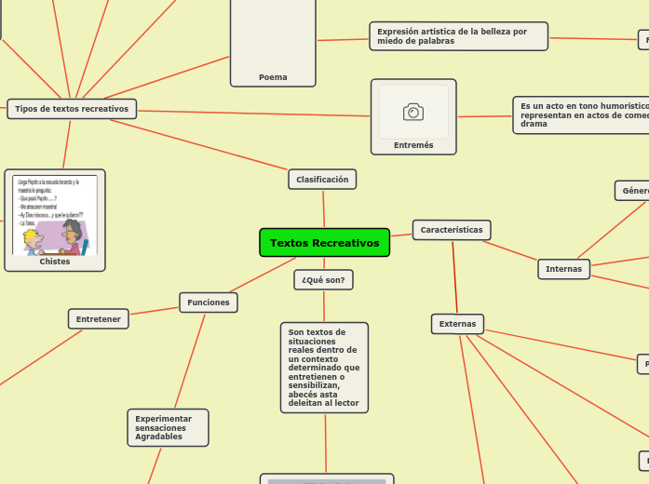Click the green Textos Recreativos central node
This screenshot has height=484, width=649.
324,243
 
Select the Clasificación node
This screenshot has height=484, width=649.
322,179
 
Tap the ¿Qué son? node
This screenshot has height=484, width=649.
323,279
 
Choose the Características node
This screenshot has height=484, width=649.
452,230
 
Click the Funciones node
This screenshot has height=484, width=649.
209,302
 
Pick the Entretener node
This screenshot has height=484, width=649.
99,319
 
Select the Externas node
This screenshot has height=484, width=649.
457,324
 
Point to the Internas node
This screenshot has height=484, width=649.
563,269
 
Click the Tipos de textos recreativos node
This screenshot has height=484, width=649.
72,109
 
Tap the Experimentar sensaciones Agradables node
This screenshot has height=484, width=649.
168,427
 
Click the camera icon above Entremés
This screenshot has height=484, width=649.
413,112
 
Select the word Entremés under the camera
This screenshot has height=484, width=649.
413,145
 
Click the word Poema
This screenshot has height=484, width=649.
273,77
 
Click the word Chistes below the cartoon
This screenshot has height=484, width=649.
55,262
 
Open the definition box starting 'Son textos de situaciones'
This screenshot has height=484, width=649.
324,367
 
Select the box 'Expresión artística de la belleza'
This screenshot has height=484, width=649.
458,36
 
